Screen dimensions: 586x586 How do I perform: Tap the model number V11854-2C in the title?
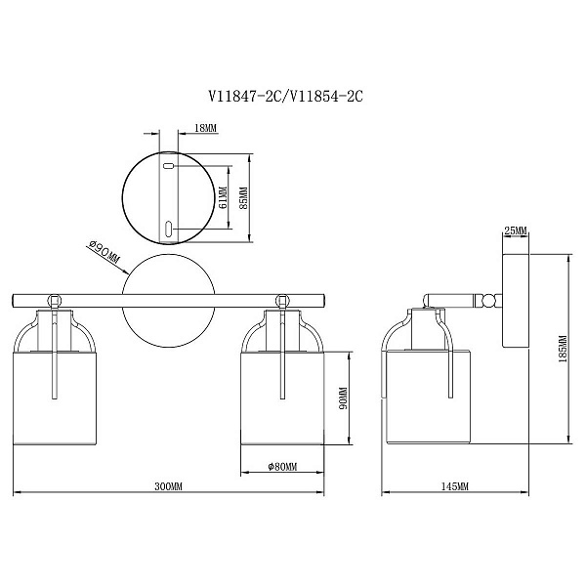pyautogui.click(x=326, y=97)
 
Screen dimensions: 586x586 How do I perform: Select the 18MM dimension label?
pyautogui.click(x=205, y=128)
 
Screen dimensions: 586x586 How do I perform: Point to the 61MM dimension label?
pyautogui.click(x=223, y=197)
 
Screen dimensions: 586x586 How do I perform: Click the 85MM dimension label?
pyautogui.click(x=243, y=197)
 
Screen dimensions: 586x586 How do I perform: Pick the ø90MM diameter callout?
pyautogui.click(x=105, y=252)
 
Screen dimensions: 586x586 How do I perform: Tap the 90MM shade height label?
pyautogui.click(x=344, y=398)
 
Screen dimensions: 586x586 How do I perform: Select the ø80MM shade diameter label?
pyautogui.click(x=282, y=467)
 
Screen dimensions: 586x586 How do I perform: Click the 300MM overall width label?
pyautogui.click(x=168, y=486)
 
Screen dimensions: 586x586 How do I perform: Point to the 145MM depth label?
pyautogui.click(x=455, y=486)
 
